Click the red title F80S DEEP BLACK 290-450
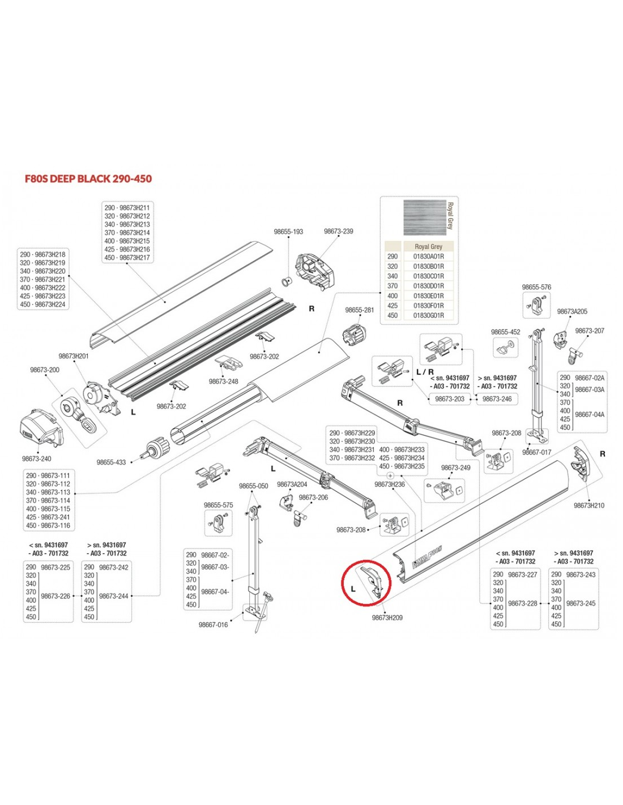[x=88, y=179]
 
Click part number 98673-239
[x=338, y=232]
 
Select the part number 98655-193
[x=288, y=232]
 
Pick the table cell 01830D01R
[x=428, y=286]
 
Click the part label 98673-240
[x=36, y=459]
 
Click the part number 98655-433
[x=111, y=463]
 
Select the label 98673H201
[x=74, y=356]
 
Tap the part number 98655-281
[x=360, y=310]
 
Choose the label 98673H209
[x=387, y=618]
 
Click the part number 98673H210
[x=588, y=506]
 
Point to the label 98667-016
[x=213, y=625]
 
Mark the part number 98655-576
[x=536, y=287]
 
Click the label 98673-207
[x=590, y=331]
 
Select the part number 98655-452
[x=505, y=332]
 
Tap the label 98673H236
[x=390, y=484]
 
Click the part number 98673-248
[x=224, y=382]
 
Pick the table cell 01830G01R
[x=428, y=315]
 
